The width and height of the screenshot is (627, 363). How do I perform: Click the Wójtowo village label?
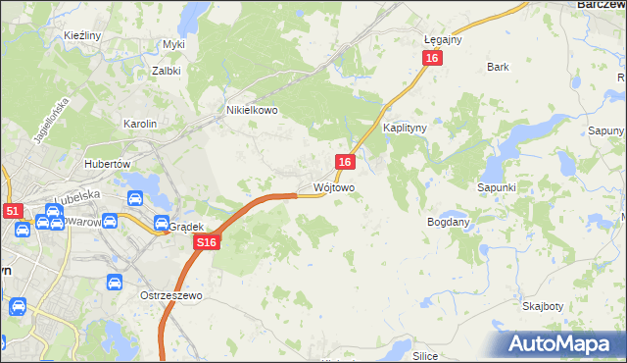pos(333,186)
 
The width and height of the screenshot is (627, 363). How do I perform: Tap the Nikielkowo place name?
pos(253,111)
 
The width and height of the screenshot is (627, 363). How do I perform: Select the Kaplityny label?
pos(402,129)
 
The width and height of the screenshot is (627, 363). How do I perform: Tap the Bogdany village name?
pos(449,222)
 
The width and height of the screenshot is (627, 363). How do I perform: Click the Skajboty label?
pos(543,306)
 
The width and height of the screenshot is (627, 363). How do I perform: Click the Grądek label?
pos(185,226)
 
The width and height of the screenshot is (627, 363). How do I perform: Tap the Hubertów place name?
pos(108,164)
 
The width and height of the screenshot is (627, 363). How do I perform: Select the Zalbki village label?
pos(167,71)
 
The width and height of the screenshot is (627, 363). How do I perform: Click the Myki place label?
pos(174,44)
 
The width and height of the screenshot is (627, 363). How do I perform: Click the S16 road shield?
pos(205,242)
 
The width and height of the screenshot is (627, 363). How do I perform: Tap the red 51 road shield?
pos(12,210)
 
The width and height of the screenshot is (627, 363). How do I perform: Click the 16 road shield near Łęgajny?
pos(433,59)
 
